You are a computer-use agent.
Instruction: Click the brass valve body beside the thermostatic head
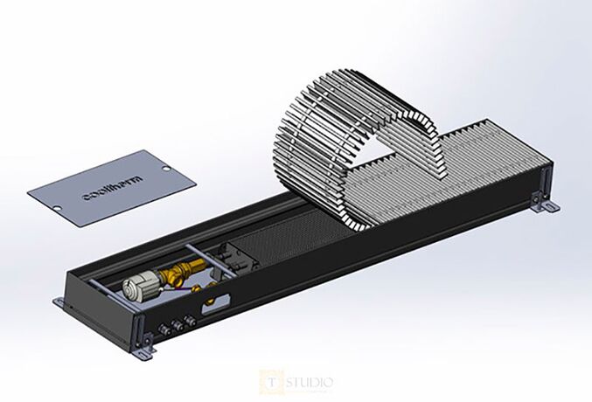[x=179, y=272]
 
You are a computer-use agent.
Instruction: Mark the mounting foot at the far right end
[x=549, y=206]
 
